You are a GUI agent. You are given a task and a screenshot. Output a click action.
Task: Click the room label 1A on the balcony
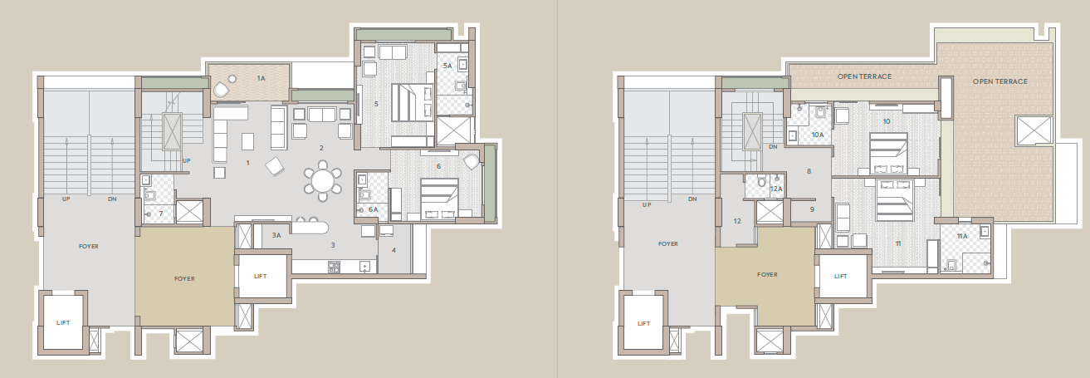click(x=260, y=78)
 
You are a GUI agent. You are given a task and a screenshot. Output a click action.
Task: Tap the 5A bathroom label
click(x=447, y=65)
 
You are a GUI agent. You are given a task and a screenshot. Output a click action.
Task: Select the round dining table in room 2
click(x=322, y=180)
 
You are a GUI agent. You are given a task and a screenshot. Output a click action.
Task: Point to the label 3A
click(x=276, y=236)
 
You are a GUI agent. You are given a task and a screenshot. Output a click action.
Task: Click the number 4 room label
click(x=393, y=250)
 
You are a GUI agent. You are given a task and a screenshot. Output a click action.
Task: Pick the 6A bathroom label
click(x=373, y=209)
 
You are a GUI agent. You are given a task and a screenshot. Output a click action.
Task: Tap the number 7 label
click(x=160, y=214)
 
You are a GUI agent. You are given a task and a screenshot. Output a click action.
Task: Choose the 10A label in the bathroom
click(x=817, y=134)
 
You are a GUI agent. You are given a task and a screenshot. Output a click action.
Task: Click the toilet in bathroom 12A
click(x=761, y=182)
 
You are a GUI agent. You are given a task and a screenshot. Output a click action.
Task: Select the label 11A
click(x=961, y=236)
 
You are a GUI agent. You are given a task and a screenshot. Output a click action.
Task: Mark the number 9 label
click(x=813, y=209)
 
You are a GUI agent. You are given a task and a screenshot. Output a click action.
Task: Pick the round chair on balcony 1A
click(x=222, y=90)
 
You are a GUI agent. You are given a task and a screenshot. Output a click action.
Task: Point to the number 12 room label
click(x=736, y=221)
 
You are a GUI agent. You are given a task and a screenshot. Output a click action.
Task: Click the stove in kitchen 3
click(x=334, y=267)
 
